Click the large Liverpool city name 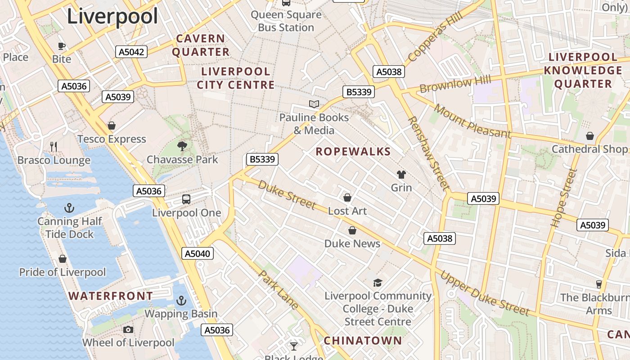click(112, 17)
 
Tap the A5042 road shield click(131, 52)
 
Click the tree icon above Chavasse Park click(182, 146)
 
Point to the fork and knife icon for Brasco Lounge click(54, 146)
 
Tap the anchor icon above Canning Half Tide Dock click(69, 207)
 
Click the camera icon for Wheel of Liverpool click(128, 329)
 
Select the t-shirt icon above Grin click(401, 174)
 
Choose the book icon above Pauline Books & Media click(314, 104)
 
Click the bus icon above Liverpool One click(186, 199)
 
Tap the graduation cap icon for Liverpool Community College click(378, 283)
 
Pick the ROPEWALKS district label click(353, 152)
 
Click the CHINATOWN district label click(363, 341)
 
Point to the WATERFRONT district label click(111, 296)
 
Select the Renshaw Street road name click(428, 153)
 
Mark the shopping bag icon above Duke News click(352, 230)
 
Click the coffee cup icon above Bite click(62, 45)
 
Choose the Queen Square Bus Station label click(286, 21)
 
